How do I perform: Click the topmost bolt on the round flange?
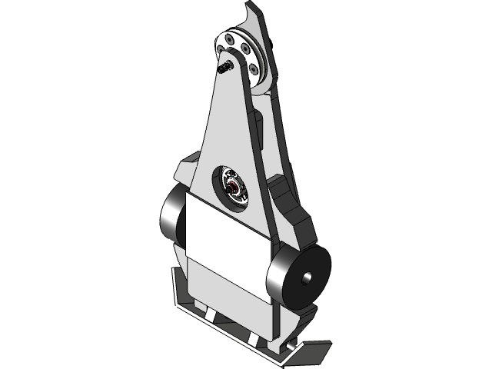point(233,36)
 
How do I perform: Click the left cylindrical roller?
point(171,217)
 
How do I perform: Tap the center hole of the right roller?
point(307,277)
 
